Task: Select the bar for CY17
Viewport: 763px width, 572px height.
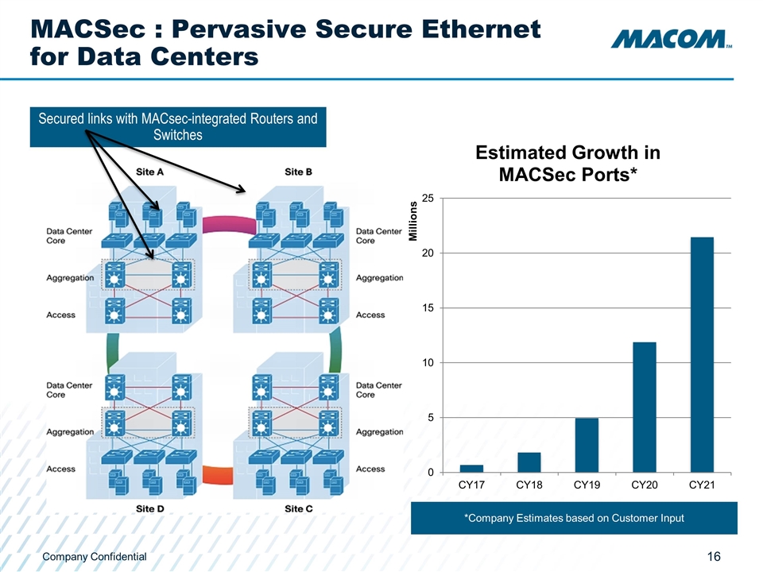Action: (471, 469)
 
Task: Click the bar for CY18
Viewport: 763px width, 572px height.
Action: (529, 462)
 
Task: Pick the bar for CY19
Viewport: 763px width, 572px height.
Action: (587, 445)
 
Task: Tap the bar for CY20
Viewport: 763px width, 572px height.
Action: (645, 407)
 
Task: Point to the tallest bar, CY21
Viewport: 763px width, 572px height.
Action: (702, 354)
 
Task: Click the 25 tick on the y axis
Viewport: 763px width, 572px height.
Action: (428, 198)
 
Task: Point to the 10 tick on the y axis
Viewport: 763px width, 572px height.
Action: (428, 363)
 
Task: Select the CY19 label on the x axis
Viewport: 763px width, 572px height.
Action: (587, 485)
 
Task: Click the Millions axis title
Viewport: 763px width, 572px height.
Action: (412, 222)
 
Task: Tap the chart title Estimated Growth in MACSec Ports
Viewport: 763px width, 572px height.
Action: (567, 163)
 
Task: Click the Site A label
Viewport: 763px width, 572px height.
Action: (149, 172)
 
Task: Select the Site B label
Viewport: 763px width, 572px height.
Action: (298, 172)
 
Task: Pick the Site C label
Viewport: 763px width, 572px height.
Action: (298, 508)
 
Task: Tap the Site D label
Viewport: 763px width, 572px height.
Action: (149, 508)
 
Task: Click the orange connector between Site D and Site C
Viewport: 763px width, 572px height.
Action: (219, 476)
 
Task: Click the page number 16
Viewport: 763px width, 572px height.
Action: (713, 557)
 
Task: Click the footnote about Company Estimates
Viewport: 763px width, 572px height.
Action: (574, 519)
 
